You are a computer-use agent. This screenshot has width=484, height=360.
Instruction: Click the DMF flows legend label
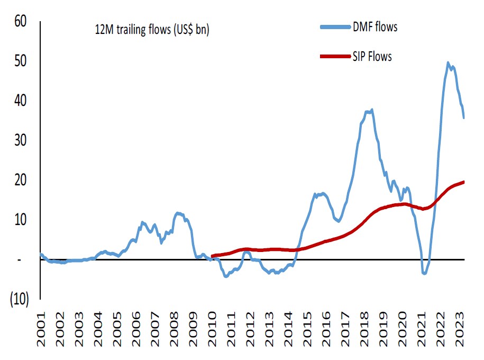375,27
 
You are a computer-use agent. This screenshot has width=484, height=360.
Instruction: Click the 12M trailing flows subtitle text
149,31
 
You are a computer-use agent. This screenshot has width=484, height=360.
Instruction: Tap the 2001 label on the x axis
42,331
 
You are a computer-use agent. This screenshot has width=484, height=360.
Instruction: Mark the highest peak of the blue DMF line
448,62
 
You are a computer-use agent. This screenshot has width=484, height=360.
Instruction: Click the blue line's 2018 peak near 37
372,110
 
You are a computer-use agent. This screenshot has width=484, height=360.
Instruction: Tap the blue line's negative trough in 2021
424,273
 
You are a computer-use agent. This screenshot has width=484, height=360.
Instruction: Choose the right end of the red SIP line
464,182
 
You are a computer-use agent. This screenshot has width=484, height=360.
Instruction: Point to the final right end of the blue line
464,118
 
